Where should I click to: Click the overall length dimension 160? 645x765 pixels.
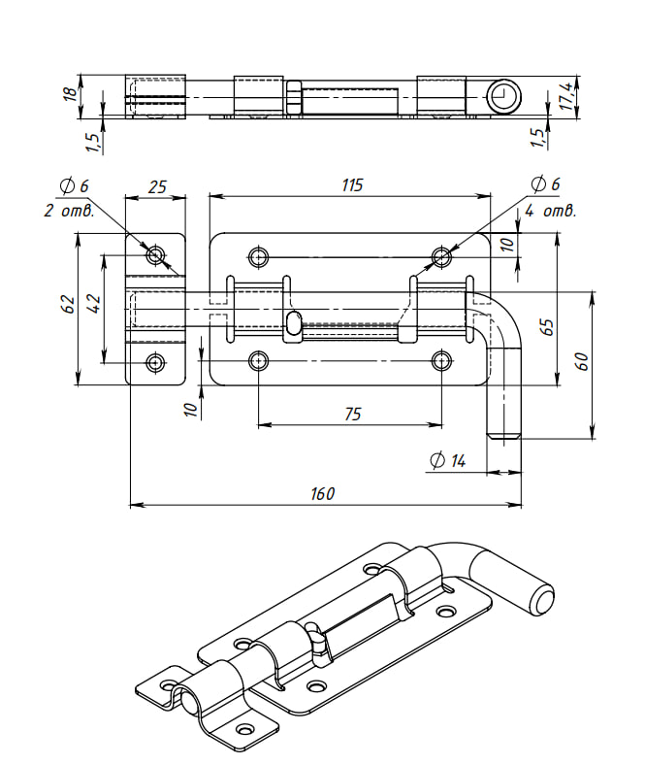pos(323,493)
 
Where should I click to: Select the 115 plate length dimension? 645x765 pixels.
pos(352,185)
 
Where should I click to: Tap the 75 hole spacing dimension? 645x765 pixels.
pos(352,414)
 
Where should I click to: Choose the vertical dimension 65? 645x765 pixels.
pos(547,326)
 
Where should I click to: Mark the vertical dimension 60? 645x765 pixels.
pos(582,361)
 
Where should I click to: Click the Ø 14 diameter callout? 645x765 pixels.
pos(447,461)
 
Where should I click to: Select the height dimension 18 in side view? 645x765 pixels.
pos(69,93)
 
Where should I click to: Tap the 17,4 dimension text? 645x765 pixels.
pos(565,95)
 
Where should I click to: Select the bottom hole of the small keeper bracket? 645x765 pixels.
pos(156,363)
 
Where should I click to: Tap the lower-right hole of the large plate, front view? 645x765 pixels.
pos(442,361)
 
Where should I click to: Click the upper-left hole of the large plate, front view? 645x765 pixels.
pos(258,256)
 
